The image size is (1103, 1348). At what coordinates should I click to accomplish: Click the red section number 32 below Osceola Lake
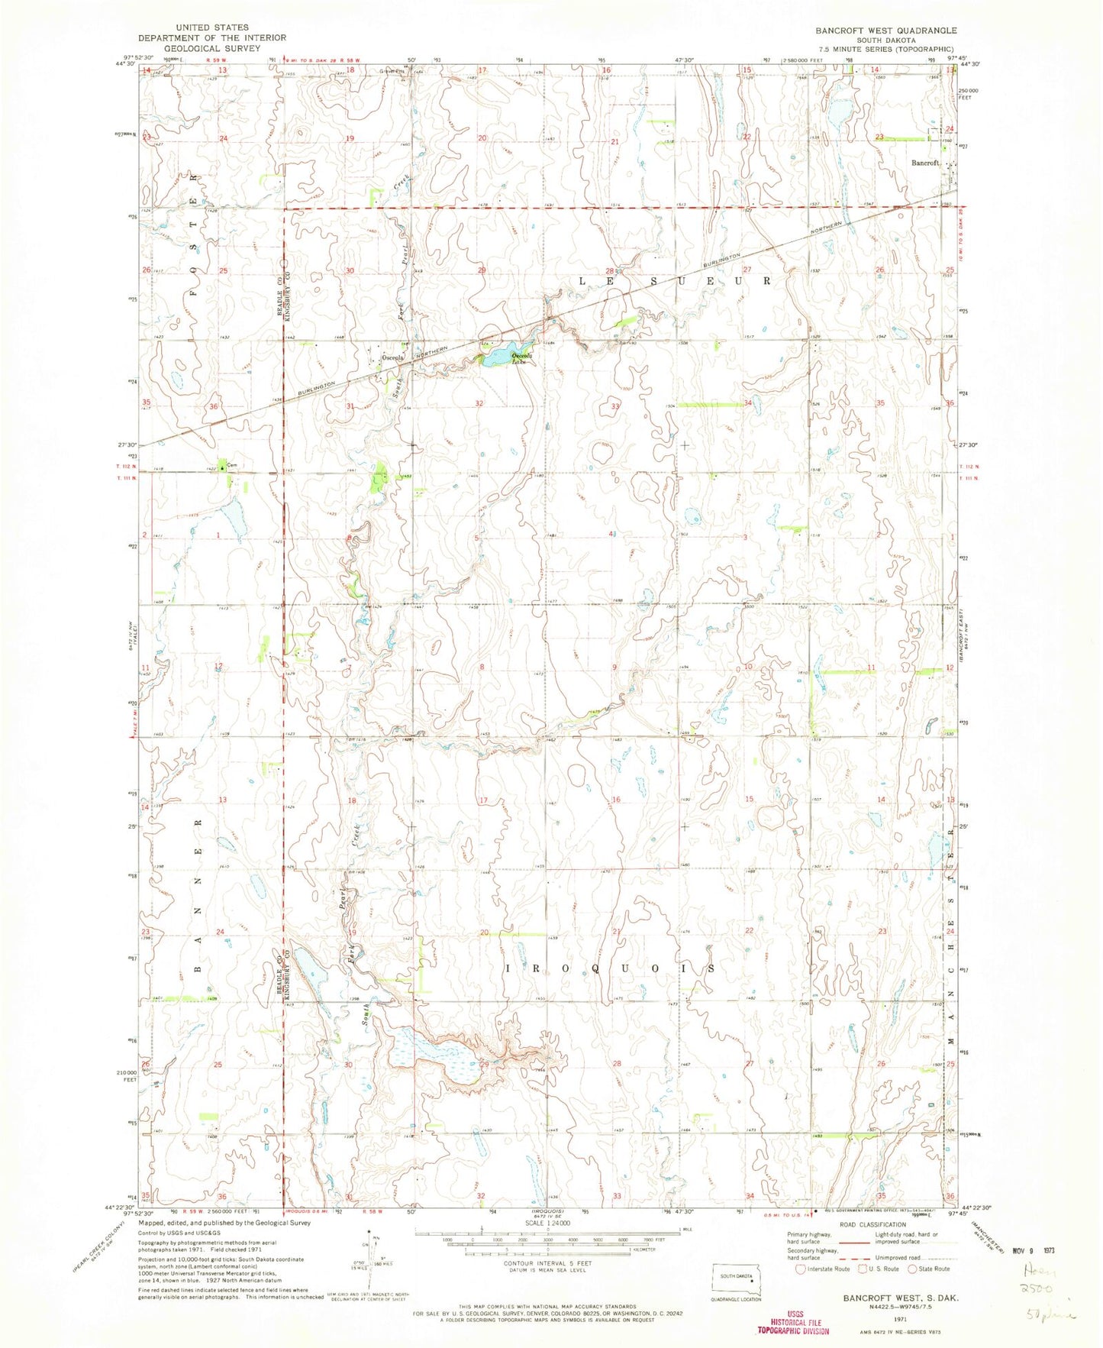point(479,402)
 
